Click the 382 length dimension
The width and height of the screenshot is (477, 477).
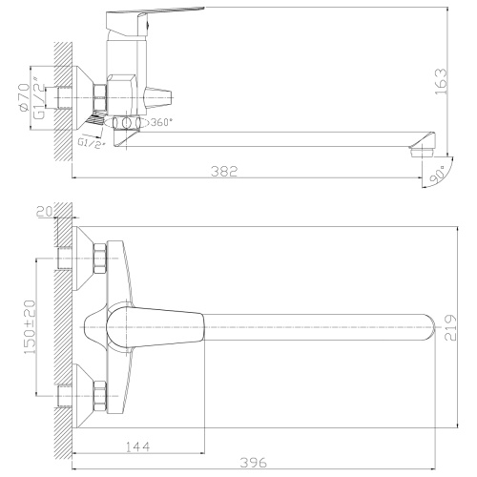[x=223, y=171]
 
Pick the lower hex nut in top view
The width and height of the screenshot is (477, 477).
[x=99, y=392]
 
